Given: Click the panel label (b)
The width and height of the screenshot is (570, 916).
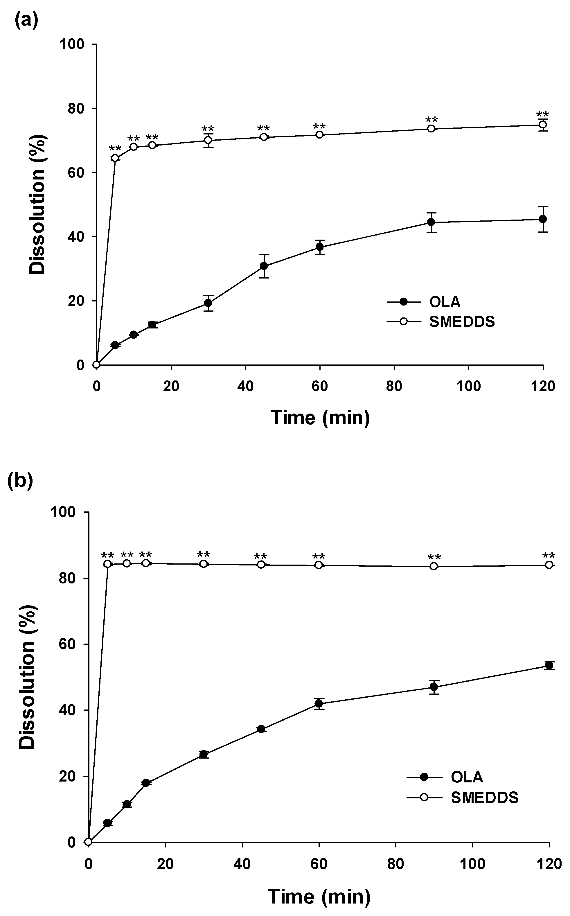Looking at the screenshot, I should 20,481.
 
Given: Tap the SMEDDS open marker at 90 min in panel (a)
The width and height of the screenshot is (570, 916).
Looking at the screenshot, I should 431,129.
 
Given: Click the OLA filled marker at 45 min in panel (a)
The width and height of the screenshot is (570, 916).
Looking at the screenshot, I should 264,266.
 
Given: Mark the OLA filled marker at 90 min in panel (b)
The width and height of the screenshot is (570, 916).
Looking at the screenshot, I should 434,687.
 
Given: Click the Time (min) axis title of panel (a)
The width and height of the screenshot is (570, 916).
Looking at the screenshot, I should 320,418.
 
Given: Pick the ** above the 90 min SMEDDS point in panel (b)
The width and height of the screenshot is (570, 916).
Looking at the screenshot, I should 434,557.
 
